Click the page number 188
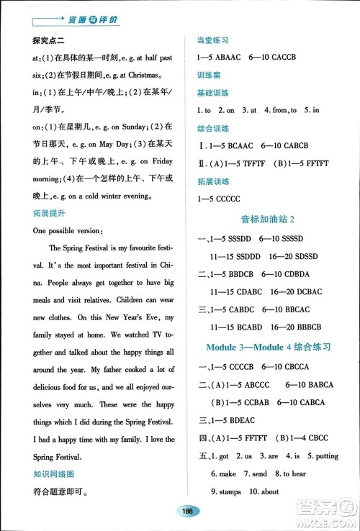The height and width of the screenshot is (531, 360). pos(186,510)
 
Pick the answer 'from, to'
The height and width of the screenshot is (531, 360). pos(279,110)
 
